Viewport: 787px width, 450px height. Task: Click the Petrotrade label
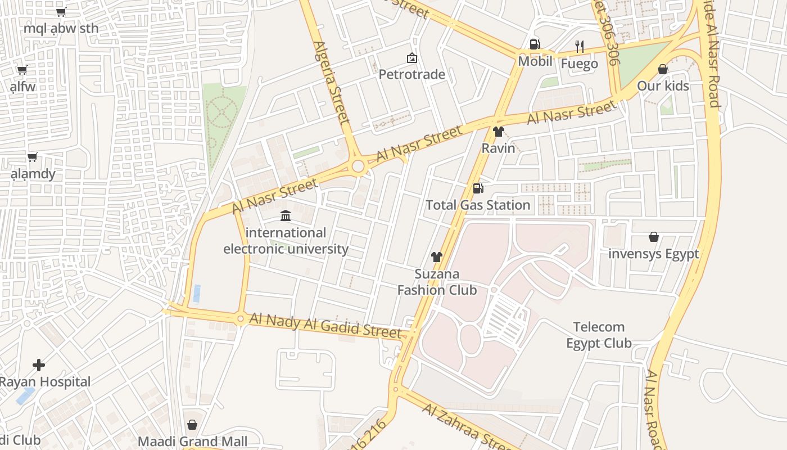tap(411, 74)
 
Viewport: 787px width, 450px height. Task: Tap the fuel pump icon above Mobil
tap(535, 44)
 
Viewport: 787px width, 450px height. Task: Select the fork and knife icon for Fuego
tap(580, 46)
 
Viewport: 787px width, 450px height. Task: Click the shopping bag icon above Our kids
tap(663, 69)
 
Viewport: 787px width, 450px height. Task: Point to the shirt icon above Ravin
tap(498, 132)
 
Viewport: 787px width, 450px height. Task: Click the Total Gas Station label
tap(478, 205)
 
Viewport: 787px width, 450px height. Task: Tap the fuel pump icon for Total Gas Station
tap(478, 188)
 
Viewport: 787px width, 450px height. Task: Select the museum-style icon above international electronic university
tap(286, 215)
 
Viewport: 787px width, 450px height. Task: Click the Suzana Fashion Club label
tap(437, 282)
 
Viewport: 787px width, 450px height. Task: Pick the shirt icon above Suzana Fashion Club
tap(437, 257)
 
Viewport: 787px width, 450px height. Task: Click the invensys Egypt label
tap(653, 254)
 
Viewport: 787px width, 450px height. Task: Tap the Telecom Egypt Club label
tap(599, 335)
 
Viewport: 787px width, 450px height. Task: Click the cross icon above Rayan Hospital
tap(39, 365)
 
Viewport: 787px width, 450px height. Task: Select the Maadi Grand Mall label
tap(192, 441)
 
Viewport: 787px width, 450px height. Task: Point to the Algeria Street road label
tap(332, 82)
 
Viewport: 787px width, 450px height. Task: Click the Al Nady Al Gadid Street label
tap(326, 325)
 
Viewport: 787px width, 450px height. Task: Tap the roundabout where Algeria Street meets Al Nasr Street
tap(358, 166)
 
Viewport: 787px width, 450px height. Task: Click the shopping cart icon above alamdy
tap(33, 157)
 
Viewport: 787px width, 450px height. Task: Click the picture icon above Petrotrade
tap(411, 57)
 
